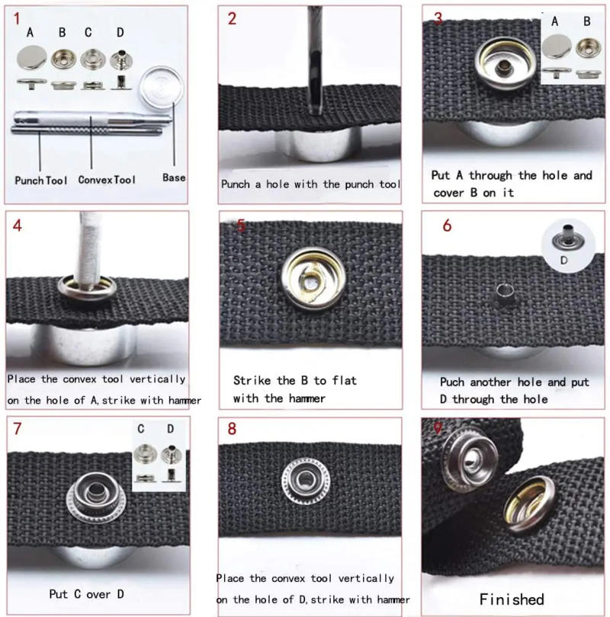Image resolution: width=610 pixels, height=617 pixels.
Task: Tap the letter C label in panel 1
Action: [x=88, y=32]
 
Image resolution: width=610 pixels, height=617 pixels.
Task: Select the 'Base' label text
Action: [x=174, y=177]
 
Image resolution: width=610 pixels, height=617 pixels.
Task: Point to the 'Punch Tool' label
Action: [x=40, y=181]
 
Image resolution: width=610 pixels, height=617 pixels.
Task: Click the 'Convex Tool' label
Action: [x=107, y=181]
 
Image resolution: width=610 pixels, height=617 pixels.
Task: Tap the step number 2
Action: [x=233, y=19]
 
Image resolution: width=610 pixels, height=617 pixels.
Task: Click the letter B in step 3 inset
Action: [x=586, y=21]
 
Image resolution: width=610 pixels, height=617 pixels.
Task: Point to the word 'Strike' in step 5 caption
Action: [x=251, y=380]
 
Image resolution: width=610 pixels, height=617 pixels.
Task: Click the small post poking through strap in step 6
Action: [x=502, y=292]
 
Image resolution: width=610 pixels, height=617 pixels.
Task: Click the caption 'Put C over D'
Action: [x=86, y=593]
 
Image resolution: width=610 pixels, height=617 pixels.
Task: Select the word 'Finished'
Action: [x=512, y=599]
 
